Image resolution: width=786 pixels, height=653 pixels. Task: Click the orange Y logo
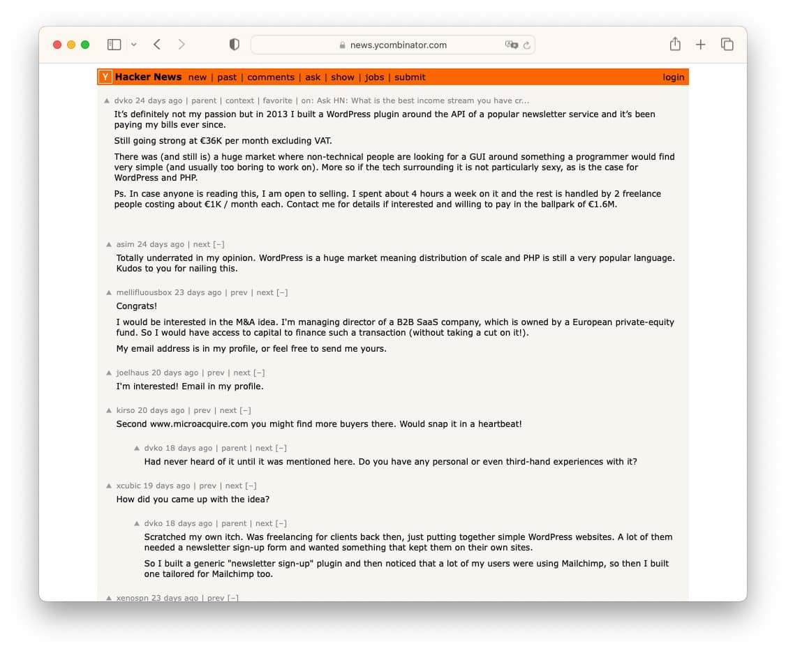click(x=105, y=77)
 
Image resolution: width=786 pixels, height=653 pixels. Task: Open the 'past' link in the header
click(x=227, y=77)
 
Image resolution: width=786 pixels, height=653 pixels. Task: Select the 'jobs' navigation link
click(x=375, y=77)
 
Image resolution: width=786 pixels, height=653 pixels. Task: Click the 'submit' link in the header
click(x=410, y=77)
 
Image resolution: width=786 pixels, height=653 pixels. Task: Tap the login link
click(x=674, y=77)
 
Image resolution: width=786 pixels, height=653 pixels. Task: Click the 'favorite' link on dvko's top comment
click(x=277, y=100)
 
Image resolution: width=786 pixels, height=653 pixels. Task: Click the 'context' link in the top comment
click(x=239, y=100)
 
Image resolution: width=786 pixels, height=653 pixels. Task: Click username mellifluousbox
click(x=144, y=292)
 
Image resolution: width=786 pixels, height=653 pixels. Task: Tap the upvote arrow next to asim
click(x=109, y=245)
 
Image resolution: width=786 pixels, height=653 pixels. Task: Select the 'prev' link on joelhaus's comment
click(x=216, y=373)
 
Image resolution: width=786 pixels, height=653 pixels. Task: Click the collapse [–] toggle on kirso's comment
click(x=245, y=410)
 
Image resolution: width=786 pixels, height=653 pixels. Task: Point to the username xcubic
click(x=128, y=486)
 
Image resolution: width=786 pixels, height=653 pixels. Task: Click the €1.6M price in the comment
click(x=602, y=204)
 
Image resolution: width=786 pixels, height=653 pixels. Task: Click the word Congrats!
click(x=137, y=306)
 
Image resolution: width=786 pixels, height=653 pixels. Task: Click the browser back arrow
click(x=157, y=45)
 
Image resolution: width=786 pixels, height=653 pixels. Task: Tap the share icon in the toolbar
click(x=675, y=45)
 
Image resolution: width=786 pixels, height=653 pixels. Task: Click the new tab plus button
click(x=701, y=45)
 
